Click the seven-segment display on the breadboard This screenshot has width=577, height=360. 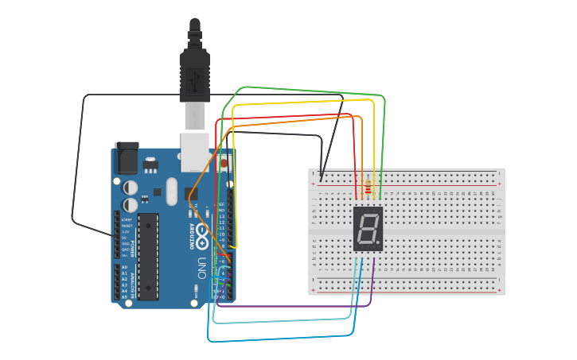[368, 229]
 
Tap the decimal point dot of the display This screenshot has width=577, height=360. [379, 243]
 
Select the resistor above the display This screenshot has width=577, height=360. [367, 189]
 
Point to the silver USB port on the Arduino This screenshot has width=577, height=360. [195, 152]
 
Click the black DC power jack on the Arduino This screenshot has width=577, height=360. [126, 158]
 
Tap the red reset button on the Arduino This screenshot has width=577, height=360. [224, 163]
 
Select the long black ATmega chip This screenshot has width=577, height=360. [148, 256]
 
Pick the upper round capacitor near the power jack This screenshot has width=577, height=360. [131, 188]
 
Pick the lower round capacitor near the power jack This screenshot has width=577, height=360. [131, 204]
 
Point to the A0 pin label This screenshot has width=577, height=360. [124, 267]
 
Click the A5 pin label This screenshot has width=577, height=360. [124, 297]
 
